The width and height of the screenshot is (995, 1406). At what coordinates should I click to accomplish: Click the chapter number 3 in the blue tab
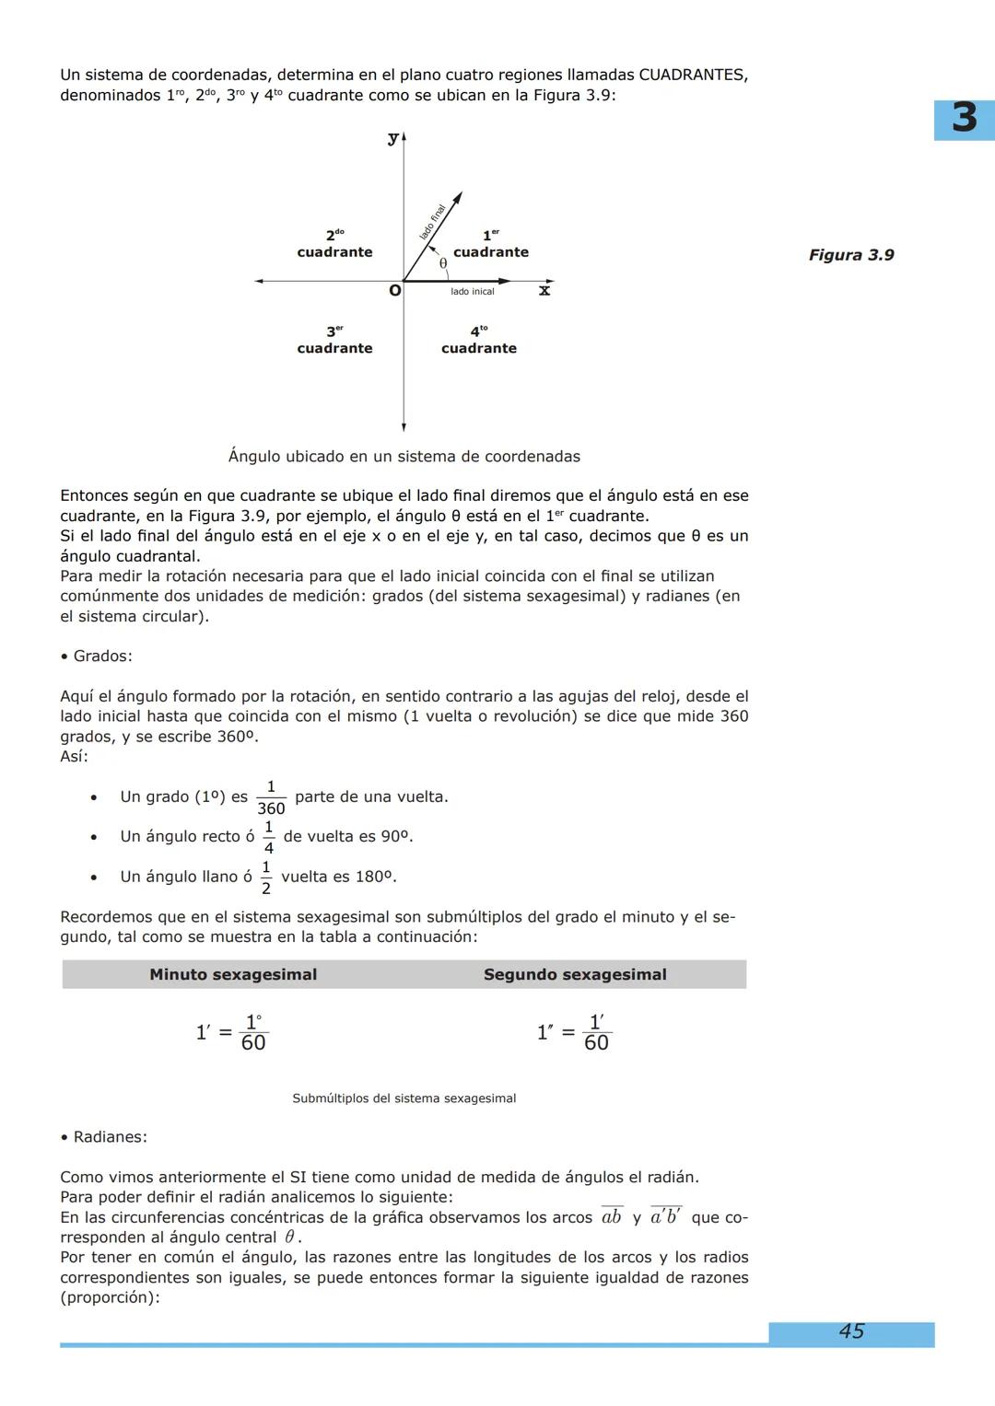click(964, 119)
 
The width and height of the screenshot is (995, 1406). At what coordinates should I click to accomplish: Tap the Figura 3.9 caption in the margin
click(851, 255)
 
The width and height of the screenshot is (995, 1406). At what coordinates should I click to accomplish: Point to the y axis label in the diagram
click(393, 138)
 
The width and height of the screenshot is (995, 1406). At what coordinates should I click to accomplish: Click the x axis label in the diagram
click(544, 291)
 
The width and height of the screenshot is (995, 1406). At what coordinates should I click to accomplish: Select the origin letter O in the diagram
click(394, 291)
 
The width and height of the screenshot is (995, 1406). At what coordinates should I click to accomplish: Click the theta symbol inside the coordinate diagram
click(443, 263)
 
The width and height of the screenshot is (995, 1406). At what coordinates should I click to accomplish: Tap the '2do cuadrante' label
click(334, 245)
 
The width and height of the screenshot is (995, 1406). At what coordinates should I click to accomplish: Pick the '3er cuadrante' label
click(334, 341)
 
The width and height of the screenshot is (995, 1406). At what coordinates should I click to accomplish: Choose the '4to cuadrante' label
click(479, 341)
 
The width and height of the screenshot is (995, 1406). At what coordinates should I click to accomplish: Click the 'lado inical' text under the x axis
click(472, 292)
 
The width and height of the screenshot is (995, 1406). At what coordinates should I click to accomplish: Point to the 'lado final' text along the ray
click(432, 222)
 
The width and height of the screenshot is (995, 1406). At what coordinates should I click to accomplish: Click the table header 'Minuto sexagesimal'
click(233, 974)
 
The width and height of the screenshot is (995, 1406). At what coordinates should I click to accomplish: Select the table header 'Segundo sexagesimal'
click(575, 974)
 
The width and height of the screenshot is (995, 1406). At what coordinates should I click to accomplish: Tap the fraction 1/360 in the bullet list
click(271, 797)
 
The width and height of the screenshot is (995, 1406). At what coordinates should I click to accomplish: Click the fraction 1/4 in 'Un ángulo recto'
click(269, 837)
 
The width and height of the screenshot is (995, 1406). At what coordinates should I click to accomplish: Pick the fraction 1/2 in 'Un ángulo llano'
click(266, 877)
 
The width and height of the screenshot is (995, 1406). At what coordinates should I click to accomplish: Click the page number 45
click(851, 1331)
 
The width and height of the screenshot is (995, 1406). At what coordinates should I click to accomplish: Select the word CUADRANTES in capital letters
click(692, 75)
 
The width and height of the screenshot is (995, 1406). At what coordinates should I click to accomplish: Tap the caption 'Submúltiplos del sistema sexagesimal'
click(404, 1098)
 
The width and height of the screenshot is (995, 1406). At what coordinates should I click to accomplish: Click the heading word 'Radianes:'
click(110, 1137)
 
